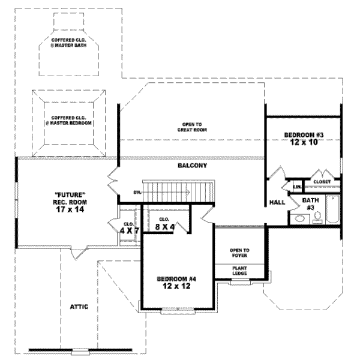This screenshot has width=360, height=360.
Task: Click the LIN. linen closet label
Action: point(296,188)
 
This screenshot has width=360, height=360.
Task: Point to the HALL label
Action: point(277,202)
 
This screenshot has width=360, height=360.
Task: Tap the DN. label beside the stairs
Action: point(137,193)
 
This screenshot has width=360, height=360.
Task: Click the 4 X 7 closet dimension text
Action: point(129,230)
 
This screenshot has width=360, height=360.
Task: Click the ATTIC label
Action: point(79,307)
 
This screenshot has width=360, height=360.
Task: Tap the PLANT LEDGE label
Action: point(240,271)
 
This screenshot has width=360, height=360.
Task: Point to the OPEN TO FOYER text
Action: point(239,253)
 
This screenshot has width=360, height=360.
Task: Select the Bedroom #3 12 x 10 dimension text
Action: point(304,143)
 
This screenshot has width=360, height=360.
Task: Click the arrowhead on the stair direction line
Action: point(189,193)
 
